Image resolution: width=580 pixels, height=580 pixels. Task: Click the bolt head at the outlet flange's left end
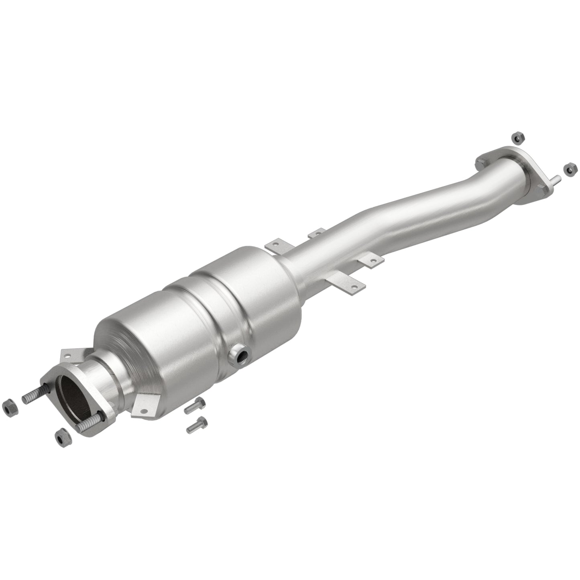(480, 163)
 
